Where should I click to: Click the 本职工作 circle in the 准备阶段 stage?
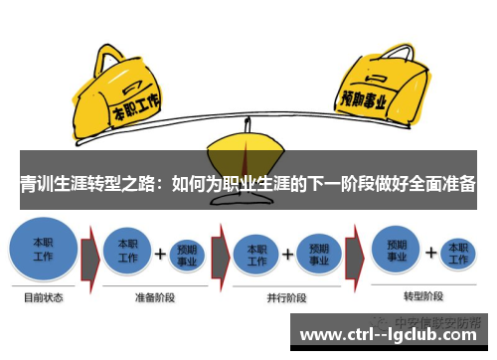(x=128, y=251)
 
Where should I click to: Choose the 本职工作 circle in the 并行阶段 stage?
(x=255, y=252)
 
